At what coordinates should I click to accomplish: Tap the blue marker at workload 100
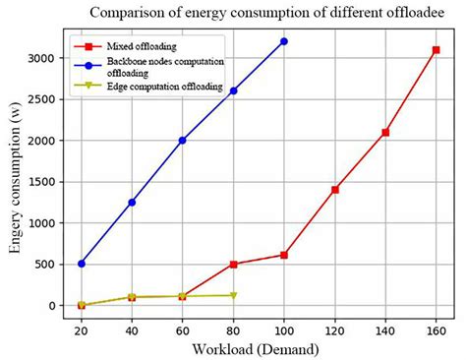(284, 41)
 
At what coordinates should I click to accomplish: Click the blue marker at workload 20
(82, 264)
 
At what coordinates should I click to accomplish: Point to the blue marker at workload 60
(183, 141)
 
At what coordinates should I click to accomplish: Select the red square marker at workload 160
(436, 50)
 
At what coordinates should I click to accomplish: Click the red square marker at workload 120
(335, 189)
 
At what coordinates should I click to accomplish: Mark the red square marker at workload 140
(385, 133)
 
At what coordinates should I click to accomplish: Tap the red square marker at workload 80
(234, 265)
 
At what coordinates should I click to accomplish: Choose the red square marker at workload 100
(284, 255)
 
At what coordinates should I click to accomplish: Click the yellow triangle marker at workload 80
(234, 295)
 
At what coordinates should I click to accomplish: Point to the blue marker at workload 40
(132, 202)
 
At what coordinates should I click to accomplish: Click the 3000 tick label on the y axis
(46, 59)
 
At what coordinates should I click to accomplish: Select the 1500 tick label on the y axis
(46, 182)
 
